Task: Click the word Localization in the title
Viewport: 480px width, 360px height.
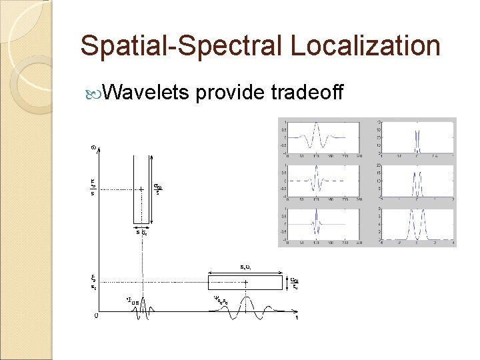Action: click(365, 46)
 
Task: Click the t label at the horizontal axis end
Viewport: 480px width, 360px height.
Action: click(297, 318)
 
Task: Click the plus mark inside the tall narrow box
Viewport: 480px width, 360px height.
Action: click(141, 189)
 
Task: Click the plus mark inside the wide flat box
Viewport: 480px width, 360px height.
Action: click(246, 283)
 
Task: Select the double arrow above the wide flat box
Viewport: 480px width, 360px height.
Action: click(246, 272)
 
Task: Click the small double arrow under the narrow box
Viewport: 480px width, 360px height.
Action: click(141, 227)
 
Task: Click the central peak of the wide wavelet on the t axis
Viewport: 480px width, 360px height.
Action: click(246, 301)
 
